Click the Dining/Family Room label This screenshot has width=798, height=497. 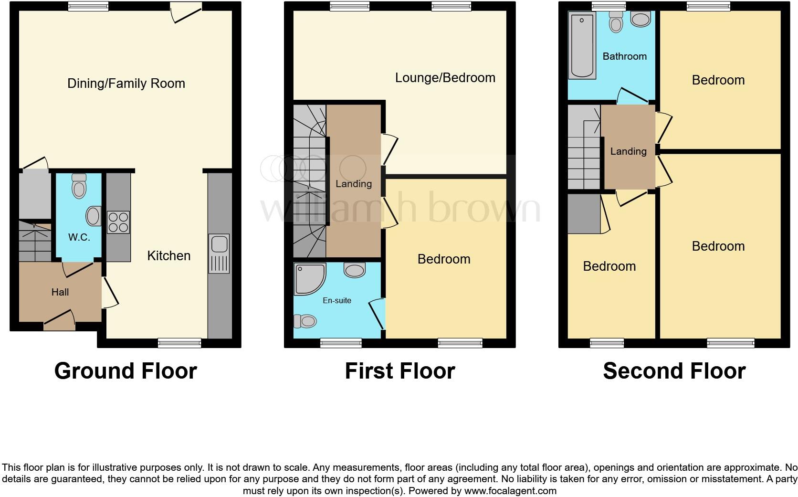[x=126, y=84]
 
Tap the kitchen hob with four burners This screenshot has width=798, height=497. [x=118, y=222]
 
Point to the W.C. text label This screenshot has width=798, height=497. [x=79, y=237]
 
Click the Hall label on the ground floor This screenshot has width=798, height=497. [x=60, y=292]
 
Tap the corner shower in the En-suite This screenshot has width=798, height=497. [x=309, y=278]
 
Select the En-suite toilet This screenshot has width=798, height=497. [x=305, y=321]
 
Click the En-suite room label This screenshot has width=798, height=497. [x=336, y=300]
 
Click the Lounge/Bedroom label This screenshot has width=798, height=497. [x=445, y=78]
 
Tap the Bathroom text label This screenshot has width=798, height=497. [x=624, y=56]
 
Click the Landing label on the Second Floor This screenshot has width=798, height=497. [x=628, y=151]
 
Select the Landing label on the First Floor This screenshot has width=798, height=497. [x=353, y=184]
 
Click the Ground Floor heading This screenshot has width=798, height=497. [x=126, y=371]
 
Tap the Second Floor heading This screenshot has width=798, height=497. [x=674, y=371]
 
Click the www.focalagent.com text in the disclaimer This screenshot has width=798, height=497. [x=510, y=490]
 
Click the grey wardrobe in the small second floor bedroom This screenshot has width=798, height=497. [x=584, y=214]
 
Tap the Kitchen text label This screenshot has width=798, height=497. [x=168, y=256]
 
